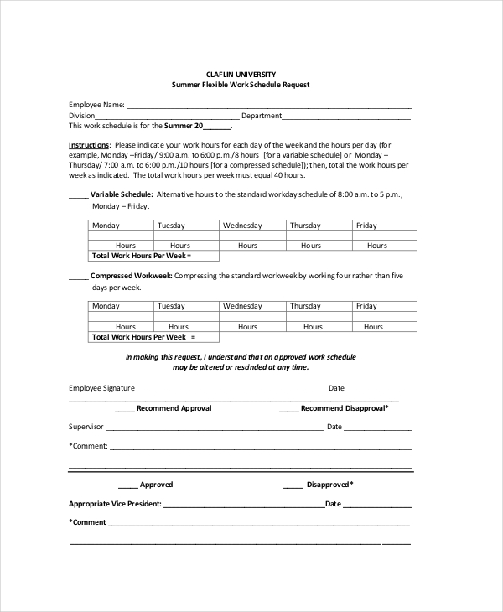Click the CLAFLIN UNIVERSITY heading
coord(241,74)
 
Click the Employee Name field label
coord(96,105)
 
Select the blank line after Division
coord(168,116)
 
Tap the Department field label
coord(262,116)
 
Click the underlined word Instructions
coord(88,145)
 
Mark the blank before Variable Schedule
coord(78,194)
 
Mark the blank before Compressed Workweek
coord(78,276)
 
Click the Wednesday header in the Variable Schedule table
coord(242,226)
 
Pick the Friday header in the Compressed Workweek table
coord(366,306)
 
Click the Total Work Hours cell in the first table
coord(142,255)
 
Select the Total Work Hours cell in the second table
coord(143,336)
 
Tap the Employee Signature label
coord(101,388)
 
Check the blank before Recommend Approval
coord(124,408)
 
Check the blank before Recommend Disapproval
coord(288,408)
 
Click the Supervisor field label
coord(86,427)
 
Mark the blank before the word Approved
coord(127,485)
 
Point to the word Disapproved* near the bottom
coord(329,485)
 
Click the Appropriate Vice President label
coord(115,504)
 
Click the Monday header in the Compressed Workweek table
coord(106,306)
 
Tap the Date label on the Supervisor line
coord(334,427)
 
